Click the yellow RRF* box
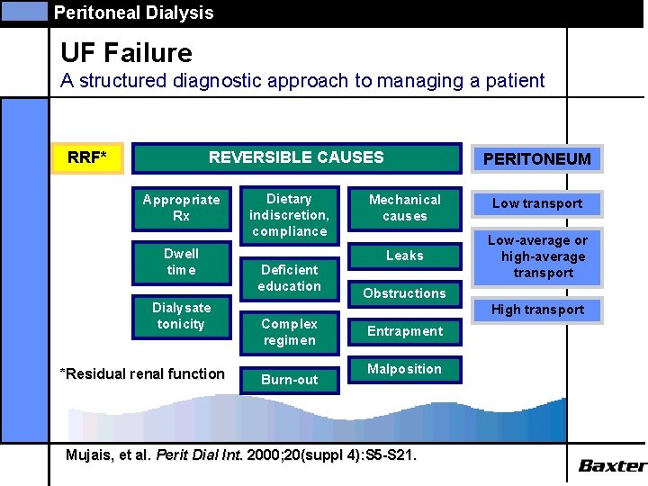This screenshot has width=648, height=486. point(87,158)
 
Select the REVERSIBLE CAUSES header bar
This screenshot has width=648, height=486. point(296,157)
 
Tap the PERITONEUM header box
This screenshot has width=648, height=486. point(536,159)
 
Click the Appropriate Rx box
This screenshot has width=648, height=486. point(181,208)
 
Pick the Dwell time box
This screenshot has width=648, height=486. point(181,262)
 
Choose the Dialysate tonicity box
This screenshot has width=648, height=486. point(181,316)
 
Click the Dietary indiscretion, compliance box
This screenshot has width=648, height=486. point(289,215)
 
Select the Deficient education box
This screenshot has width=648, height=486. point(289,278)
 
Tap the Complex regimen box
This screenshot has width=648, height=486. point(289,332)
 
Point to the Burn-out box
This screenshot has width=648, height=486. point(289,380)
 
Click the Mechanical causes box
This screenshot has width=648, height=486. point(404,208)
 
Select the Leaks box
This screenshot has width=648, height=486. point(404,256)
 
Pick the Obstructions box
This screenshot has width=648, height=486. point(404,293)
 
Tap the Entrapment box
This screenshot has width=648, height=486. point(404,331)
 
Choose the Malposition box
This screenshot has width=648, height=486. point(404,369)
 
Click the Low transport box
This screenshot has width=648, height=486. point(536,203)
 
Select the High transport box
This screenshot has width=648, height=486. point(536,310)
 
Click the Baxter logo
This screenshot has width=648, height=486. point(611,465)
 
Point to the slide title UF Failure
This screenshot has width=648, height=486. point(126,54)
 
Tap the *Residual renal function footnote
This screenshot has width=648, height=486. point(141,373)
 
